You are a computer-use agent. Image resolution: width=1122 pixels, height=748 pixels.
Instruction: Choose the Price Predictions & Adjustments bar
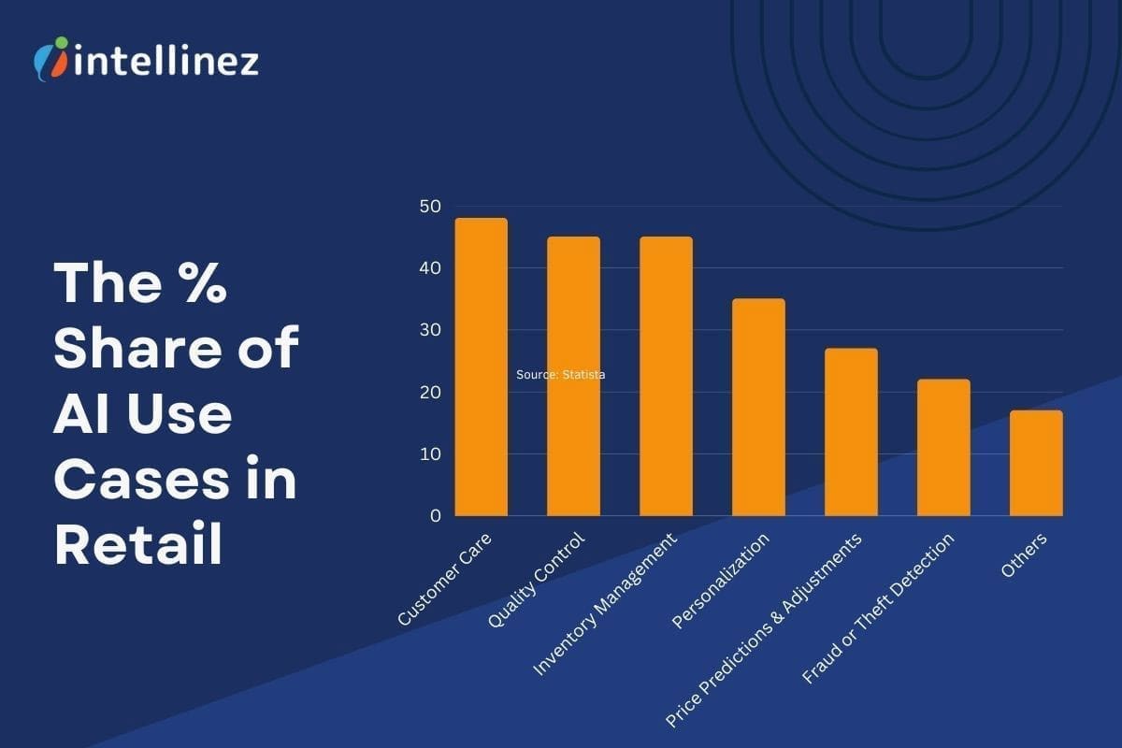[x=851, y=432]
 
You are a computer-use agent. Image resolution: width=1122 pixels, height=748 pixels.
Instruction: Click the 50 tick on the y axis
[x=430, y=207]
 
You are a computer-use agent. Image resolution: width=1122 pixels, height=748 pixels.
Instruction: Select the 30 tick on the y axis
[x=430, y=330]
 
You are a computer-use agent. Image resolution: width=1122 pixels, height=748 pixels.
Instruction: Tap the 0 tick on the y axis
[x=436, y=515]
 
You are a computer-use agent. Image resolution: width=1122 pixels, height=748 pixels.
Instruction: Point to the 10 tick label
[x=430, y=453]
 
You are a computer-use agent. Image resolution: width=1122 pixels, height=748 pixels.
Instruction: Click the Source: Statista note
[x=561, y=375]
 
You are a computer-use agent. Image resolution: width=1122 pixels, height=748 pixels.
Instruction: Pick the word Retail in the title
[x=138, y=544]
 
